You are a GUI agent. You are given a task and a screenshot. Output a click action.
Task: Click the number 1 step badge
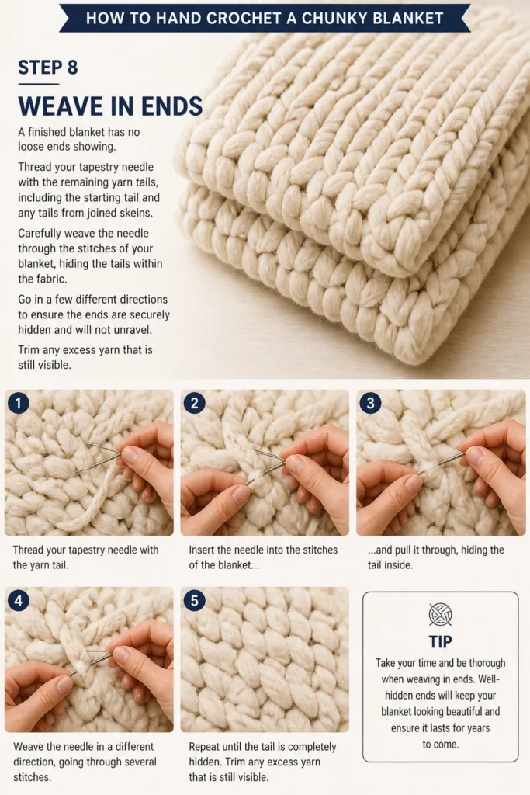(x=19, y=403)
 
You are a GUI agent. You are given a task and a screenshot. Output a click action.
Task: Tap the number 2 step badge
(x=195, y=403)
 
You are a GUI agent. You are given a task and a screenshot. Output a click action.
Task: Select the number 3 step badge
(x=370, y=403)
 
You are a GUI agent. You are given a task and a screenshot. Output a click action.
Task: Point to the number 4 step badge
(x=19, y=601)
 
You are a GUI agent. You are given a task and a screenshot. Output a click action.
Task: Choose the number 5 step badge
(x=195, y=601)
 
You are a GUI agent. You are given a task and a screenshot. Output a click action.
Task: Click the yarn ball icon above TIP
(x=440, y=615)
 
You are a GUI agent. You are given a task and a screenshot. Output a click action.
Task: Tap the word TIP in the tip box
(x=440, y=642)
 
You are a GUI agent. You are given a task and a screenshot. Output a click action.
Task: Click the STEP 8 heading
(x=48, y=68)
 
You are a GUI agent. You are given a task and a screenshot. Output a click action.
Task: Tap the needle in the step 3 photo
(x=442, y=462)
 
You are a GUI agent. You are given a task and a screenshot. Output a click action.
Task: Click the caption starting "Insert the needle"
(x=263, y=557)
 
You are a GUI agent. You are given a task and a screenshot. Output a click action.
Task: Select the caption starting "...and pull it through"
(x=436, y=557)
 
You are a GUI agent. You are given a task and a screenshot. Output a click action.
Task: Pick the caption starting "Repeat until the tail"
(x=262, y=762)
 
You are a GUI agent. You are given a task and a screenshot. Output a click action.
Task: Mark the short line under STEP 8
(x=39, y=84)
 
